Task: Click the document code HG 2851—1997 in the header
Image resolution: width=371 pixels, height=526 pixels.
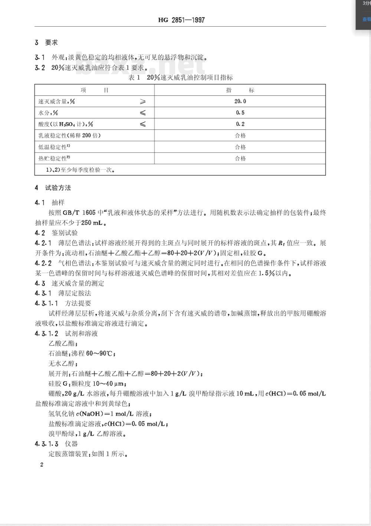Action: pyautogui.click(x=181, y=20)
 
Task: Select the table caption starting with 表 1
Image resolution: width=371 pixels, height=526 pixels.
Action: pyautogui.click(x=180, y=78)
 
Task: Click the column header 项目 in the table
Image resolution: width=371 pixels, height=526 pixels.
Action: pyautogui.click(x=95, y=90)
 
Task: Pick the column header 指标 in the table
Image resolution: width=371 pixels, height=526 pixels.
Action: pyautogui.click(x=240, y=90)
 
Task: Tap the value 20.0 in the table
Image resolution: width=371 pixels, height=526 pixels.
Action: pyautogui.click(x=240, y=101)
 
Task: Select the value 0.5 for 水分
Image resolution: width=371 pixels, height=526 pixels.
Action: pyautogui.click(x=240, y=113)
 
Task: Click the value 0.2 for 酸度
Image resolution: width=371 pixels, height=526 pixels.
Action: pyautogui.click(x=240, y=124)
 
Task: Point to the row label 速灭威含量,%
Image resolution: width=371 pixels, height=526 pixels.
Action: pyautogui.click(x=56, y=101)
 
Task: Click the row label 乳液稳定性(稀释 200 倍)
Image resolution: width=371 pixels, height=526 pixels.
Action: pyautogui.click(x=69, y=135)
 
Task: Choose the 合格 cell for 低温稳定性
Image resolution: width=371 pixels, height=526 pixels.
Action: pyautogui.click(x=240, y=147)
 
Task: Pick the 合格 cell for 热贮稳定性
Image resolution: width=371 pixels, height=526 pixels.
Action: pyautogui.click(x=240, y=158)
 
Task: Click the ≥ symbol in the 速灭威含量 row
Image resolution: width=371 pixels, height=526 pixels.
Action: pyautogui.click(x=142, y=101)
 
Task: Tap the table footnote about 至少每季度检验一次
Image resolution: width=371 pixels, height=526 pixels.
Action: pyautogui.click(x=80, y=170)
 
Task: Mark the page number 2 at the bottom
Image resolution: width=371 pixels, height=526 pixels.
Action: pyautogui.click(x=42, y=464)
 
